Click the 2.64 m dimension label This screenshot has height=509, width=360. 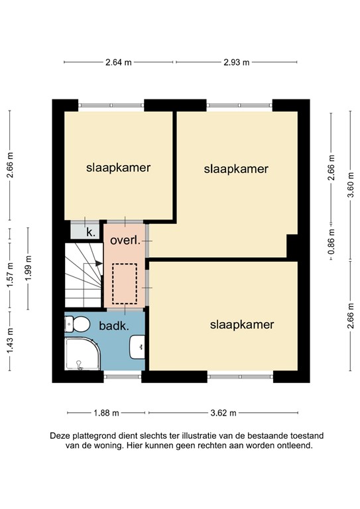coord(119,62)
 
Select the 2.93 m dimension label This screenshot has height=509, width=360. coord(236,62)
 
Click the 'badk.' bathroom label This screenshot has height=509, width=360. coord(113,325)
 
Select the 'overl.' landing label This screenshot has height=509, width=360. coord(125,241)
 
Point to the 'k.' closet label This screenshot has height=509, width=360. coord(90,232)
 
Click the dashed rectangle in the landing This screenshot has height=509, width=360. coord(124,283)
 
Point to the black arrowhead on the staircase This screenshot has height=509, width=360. coord(99,263)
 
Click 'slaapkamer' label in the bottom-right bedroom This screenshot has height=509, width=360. coord(242,325)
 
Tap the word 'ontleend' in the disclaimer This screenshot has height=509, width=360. coord(292,446)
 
